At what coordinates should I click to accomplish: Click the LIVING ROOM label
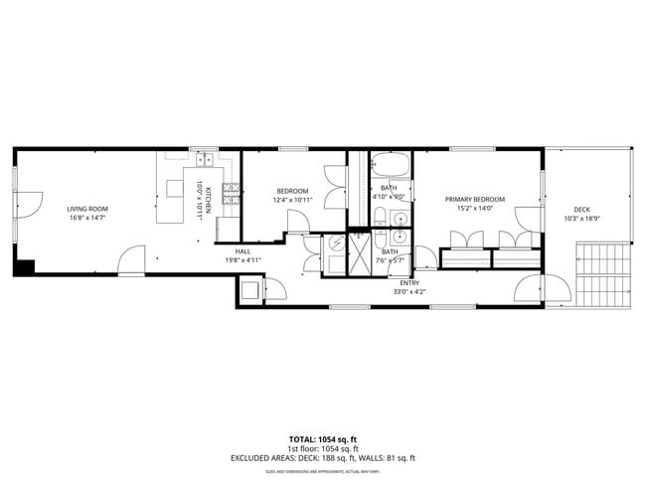87,209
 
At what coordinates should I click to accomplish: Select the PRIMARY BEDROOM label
474,200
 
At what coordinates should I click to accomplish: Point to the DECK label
581,210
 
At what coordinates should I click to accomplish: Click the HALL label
243,251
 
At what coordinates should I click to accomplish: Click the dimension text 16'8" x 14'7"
87,218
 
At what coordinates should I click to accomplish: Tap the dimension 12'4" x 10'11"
292,200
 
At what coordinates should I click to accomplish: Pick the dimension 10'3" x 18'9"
581,219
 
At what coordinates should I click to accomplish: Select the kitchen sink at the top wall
206,159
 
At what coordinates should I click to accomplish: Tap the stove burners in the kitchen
230,195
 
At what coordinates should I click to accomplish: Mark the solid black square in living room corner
24,267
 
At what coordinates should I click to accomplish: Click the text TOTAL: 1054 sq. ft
323,438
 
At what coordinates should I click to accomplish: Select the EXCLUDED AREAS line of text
323,458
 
